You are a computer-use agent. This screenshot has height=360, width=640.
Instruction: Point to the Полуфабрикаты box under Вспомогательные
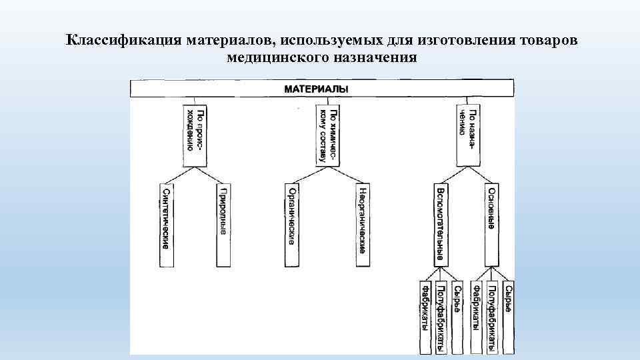(441, 317)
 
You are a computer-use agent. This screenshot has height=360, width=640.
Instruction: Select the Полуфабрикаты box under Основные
(491, 317)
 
